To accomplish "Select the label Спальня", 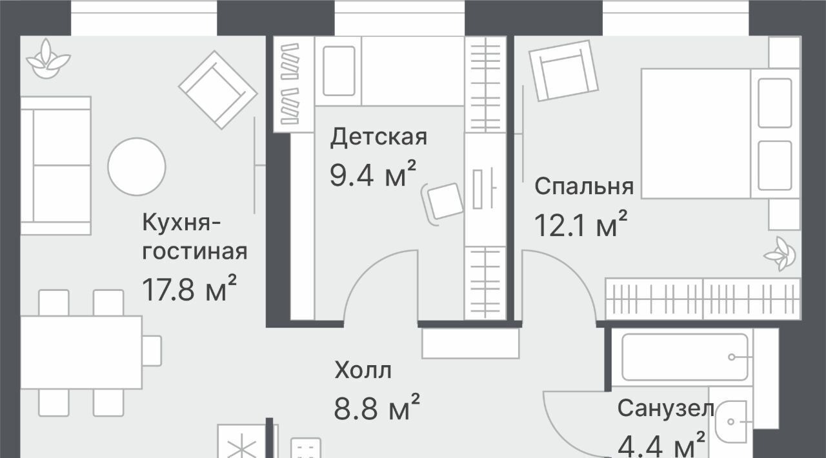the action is pos(584,186).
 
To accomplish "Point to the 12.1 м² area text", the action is pos(581,224).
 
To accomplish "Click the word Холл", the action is pos(363,370).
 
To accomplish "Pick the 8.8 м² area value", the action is pos(377,407).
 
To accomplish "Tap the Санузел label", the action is pos(666,408).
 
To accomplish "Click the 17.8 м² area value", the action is pos(189,288).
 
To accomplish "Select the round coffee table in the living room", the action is pos(137,166).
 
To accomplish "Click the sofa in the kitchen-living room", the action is pos(55,166).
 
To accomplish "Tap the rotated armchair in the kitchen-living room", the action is pos(218,90).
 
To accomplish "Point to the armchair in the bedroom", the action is pos(563,71).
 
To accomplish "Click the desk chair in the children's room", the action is pos(442,204).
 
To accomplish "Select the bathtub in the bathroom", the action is pos(685,357).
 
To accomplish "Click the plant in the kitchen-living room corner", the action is pos(48,59).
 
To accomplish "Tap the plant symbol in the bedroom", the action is pos(780,254).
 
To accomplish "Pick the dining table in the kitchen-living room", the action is pos(81,352).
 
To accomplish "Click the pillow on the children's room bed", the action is pos(339,71).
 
